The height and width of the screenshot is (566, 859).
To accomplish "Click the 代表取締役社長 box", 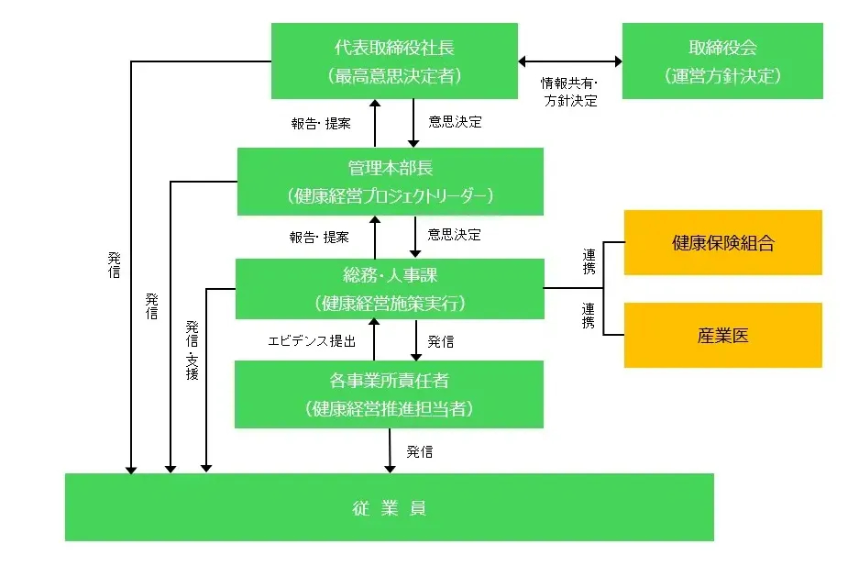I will coord(394,61).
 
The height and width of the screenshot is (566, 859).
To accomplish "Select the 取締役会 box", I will coord(722,61).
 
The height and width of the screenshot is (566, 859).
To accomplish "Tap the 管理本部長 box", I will coord(390,182).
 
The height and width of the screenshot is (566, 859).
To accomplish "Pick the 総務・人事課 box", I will coord(390,288).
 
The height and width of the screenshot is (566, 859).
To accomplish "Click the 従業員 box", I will coord(389,507).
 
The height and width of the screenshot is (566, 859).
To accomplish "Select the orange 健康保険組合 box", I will coord(722,243).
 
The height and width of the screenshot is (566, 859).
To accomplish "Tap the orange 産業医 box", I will coord(722,335).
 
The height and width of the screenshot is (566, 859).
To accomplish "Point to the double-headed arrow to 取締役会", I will coord(569,61).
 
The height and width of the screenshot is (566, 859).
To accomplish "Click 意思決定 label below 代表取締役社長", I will coord(455,122).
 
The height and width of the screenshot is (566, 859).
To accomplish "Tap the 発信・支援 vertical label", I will coord(193,350).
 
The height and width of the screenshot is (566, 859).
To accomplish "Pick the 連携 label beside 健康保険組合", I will coord(589,261).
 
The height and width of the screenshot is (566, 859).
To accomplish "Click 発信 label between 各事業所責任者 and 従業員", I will coord(420,451).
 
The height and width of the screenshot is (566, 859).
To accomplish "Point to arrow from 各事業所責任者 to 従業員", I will coord(391,450).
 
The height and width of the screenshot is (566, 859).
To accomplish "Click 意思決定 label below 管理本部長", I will coord(455,235).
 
